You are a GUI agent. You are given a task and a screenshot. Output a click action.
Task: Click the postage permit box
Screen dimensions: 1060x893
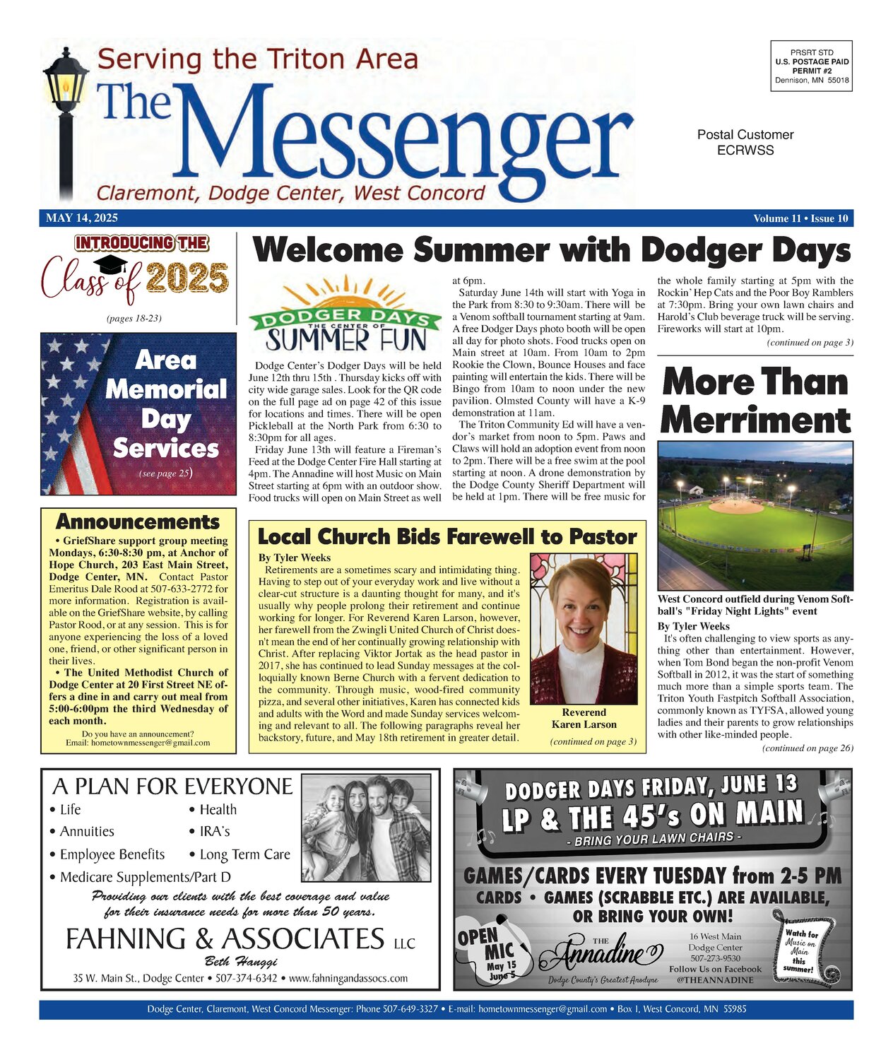pyautogui.click(x=812, y=66)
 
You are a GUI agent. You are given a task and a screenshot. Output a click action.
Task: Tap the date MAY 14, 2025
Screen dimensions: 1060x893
pyautogui.click(x=82, y=218)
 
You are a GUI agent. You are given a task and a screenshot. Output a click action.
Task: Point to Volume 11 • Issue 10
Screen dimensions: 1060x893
pyautogui.click(x=800, y=218)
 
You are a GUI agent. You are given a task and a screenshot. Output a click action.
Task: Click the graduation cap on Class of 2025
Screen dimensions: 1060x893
pyautogui.click(x=111, y=265)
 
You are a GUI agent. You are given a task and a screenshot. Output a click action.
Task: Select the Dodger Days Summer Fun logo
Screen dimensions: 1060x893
pyautogui.click(x=345, y=315)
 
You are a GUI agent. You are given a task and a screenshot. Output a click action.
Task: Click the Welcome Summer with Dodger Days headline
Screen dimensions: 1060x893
pyautogui.click(x=552, y=250)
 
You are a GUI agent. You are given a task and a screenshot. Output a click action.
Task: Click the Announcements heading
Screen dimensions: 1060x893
pyautogui.click(x=138, y=522)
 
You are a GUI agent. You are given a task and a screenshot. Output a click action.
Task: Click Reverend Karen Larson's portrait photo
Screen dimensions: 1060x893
pyautogui.click(x=584, y=628)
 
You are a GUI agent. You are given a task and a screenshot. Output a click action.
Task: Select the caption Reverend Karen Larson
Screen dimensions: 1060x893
pyautogui.click(x=584, y=718)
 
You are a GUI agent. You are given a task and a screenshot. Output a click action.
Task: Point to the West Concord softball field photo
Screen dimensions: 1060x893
pyautogui.click(x=755, y=516)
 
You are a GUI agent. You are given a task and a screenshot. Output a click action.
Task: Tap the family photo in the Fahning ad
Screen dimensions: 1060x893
pyautogui.click(x=366, y=828)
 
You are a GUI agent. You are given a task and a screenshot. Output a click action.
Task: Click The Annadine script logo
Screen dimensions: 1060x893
pyautogui.click(x=601, y=955)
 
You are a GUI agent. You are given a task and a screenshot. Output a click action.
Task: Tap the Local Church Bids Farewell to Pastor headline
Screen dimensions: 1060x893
pyautogui.click(x=447, y=537)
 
